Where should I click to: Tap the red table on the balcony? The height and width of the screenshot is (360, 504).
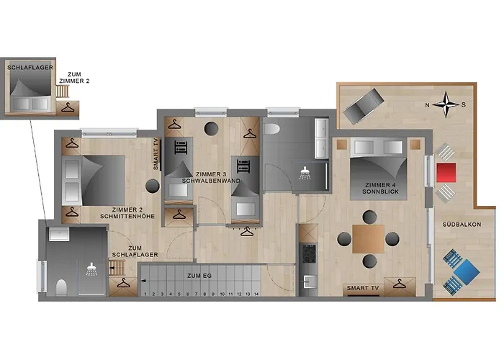pyautogui.click(x=446, y=173)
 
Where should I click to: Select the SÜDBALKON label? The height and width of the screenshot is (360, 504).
pyautogui.click(x=462, y=225)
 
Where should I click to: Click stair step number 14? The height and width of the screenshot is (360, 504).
pyautogui.click(x=256, y=294)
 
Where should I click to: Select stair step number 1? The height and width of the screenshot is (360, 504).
pyautogui.click(x=145, y=294)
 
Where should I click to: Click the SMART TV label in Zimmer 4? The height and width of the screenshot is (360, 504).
pyautogui.click(x=363, y=288)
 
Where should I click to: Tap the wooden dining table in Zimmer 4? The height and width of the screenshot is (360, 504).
pyautogui.click(x=368, y=239)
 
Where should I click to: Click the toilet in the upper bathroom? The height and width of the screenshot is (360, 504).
pyautogui.click(x=273, y=129)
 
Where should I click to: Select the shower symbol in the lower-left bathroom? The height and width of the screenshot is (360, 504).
pyautogui.click(x=91, y=270)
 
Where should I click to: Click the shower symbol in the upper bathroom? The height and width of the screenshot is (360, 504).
pyautogui.click(x=305, y=174)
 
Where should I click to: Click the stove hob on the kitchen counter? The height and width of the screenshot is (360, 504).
pyautogui.click(x=307, y=253)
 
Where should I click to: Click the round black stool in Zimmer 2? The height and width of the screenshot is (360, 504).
pyautogui.click(x=152, y=185)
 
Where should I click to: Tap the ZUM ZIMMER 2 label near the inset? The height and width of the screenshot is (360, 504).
pyautogui.click(x=79, y=77)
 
